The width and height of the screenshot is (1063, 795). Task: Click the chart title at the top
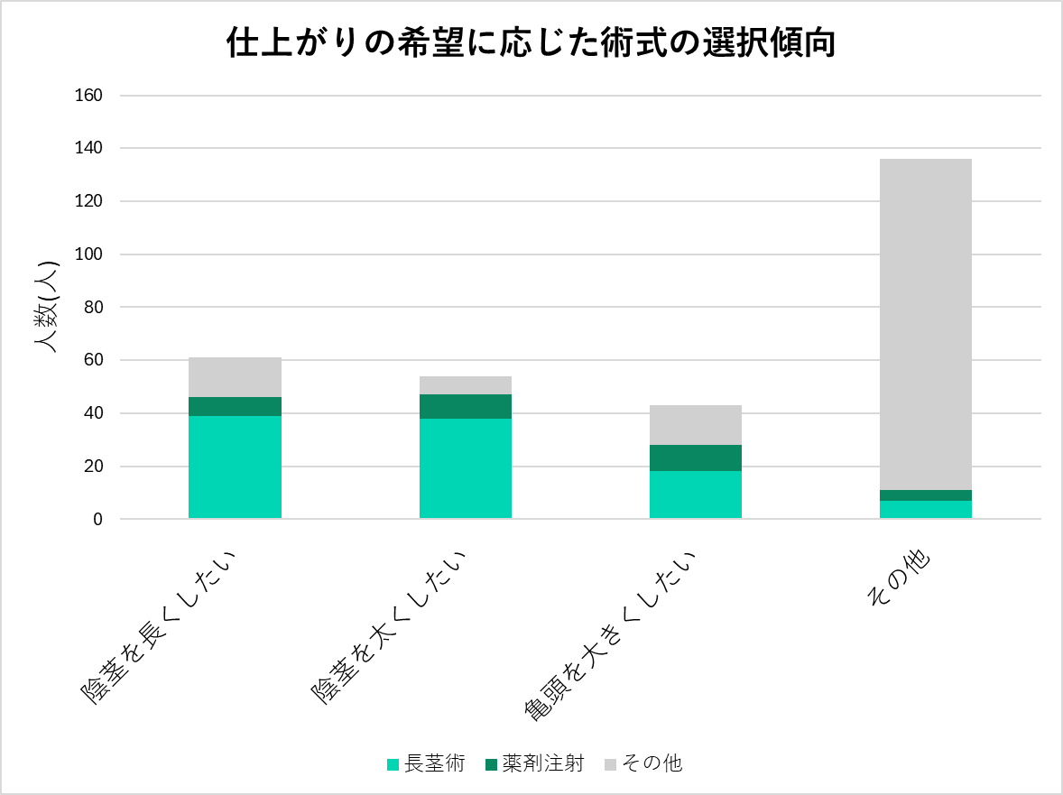(531, 43)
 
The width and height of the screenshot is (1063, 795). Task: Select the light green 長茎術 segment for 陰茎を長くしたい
(235, 467)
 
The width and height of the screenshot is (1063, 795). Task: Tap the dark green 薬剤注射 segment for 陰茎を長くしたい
(235, 406)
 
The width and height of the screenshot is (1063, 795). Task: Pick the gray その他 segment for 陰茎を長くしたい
(235, 377)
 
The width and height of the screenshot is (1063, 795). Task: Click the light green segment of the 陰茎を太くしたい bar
(466, 467)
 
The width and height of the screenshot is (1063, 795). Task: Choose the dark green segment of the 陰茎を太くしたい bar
(466, 406)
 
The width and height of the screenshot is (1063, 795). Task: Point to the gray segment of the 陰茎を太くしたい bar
(466, 385)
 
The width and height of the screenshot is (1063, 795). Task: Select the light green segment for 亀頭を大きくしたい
(696, 494)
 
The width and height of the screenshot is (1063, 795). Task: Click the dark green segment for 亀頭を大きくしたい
(696, 458)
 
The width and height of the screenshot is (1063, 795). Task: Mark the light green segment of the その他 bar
(926, 509)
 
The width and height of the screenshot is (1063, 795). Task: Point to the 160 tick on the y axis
(91, 95)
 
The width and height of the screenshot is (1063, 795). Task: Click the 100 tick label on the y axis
(91, 254)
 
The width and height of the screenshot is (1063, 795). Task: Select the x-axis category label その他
(901, 581)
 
